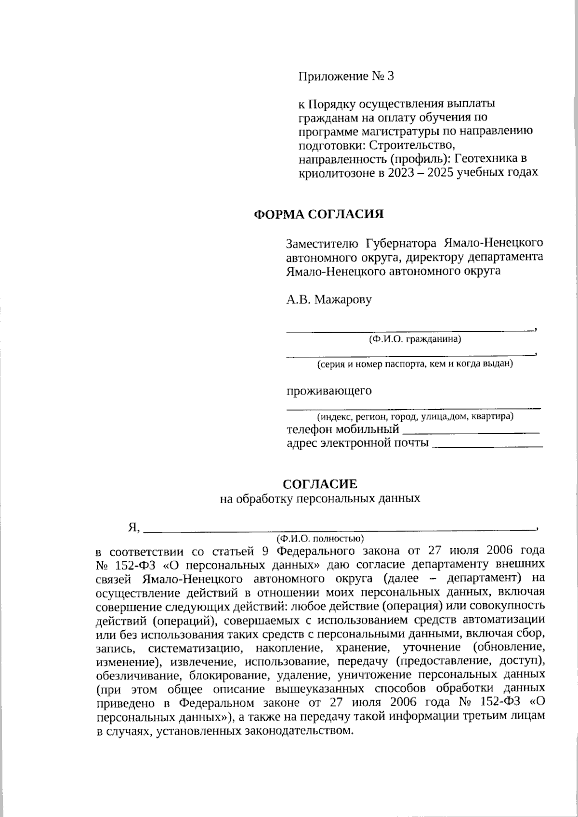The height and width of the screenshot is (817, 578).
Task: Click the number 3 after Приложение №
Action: tap(390, 76)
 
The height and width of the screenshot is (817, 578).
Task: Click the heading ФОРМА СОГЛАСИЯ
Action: tap(319, 214)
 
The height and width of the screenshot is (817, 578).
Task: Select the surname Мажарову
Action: tap(343, 300)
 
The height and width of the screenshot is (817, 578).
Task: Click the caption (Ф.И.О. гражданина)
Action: tap(414, 340)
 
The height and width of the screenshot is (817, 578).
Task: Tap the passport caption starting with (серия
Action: tap(414, 364)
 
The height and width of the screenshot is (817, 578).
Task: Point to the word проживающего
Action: tap(329, 390)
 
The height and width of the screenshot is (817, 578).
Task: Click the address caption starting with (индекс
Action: tap(414, 416)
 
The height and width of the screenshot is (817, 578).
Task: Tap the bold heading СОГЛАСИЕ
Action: tap(320, 483)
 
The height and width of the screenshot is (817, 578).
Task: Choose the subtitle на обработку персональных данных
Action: tap(320, 498)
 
